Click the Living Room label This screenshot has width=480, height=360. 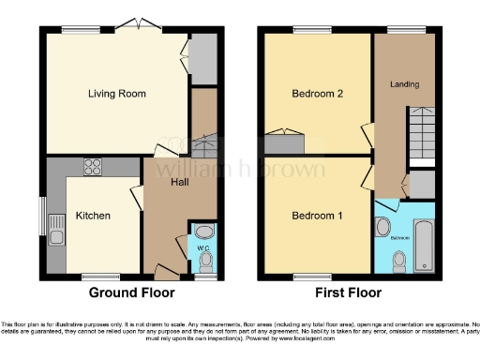[117, 94]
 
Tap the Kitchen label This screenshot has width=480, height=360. [93, 216]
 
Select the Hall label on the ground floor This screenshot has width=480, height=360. [182, 182]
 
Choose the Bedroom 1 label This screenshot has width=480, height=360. [316, 217]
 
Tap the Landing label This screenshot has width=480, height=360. [406, 85]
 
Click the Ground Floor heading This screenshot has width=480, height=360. [128, 292]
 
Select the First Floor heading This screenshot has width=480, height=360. [351, 292]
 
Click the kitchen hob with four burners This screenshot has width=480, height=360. [95, 168]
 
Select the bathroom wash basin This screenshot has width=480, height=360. [384, 228]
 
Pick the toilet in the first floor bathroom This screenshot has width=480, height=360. [398, 263]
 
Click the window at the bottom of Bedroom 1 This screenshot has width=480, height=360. [305, 277]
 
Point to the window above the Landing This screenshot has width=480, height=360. [405, 30]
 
